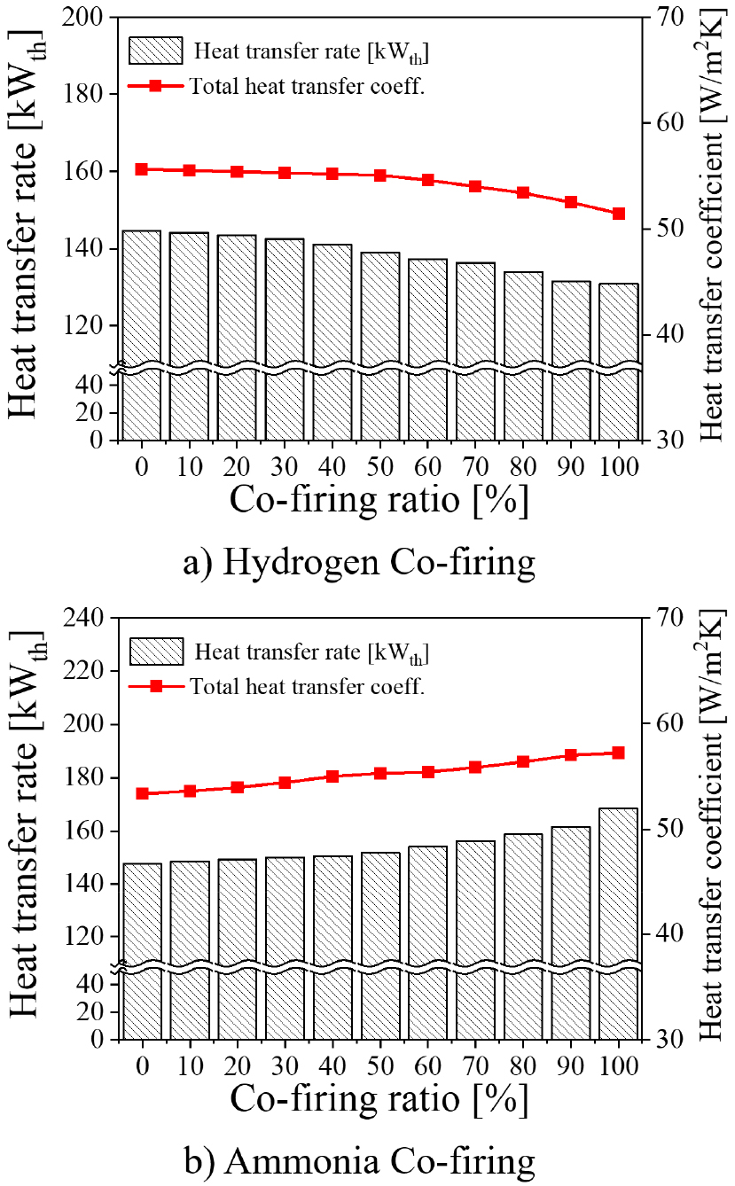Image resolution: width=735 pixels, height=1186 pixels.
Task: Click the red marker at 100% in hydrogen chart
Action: pos(619,213)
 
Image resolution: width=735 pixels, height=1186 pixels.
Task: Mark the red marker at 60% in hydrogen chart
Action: pos(428,180)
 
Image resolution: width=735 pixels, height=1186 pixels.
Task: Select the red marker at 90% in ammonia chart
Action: pos(571,755)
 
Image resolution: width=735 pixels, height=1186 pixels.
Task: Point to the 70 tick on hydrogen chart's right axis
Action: pos(664,18)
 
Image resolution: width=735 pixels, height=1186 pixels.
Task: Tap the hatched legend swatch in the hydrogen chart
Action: pos(155,50)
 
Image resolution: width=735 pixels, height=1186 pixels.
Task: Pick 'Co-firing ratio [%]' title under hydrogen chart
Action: pos(379,501)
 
